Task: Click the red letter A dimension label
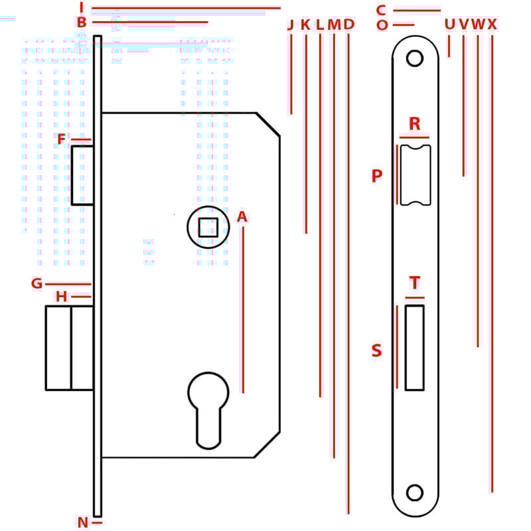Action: (242, 216)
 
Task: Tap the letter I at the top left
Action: (82, 8)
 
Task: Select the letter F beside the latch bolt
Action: (62, 139)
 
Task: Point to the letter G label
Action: (37, 284)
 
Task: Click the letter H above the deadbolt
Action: (62, 297)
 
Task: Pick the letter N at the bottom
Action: (83, 522)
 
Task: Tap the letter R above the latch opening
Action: (415, 123)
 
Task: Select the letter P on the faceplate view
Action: (377, 176)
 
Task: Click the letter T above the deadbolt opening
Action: (415, 283)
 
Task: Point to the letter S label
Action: (377, 350)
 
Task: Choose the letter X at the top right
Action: (492, 25)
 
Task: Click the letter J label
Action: (290, 25)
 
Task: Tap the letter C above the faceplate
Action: (381, 10)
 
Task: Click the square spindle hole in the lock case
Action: (208, 227)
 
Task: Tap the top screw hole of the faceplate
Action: (415, 58)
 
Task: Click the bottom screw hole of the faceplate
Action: (415, 493)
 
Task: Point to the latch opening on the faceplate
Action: (416, 175)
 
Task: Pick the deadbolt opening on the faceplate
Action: (415, 347)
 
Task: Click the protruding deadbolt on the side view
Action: (69, 347)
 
